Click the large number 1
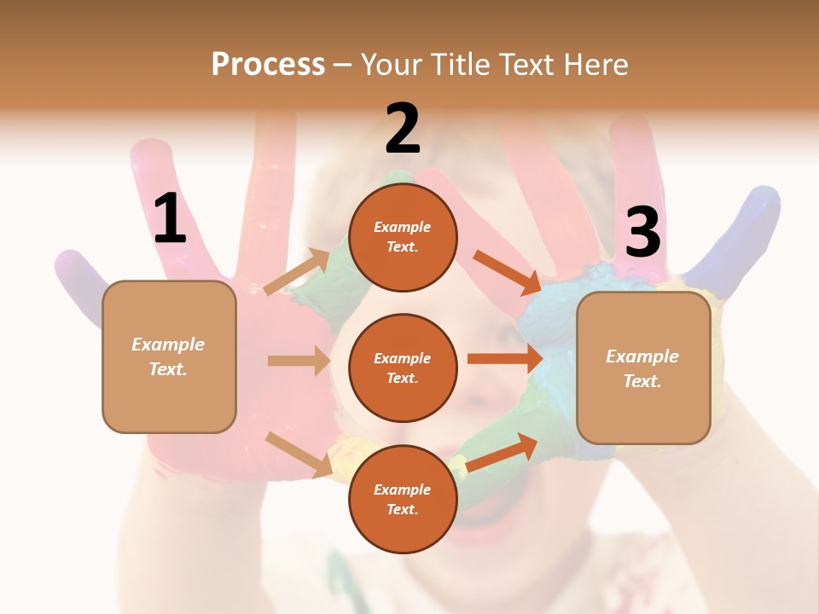coord(170,218)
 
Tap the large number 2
coord(403,129)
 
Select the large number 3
coord(642,233)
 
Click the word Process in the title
coord(268,64)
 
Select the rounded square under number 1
coord(169,356)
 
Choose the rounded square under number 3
coord(643,368)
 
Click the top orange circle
coord(403,237)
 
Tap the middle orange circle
coord(403,368)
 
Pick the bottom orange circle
coord(403,499)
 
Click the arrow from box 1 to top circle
coord(297,272)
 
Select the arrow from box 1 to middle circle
coord(299,361)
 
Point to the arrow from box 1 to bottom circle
coord(299,455)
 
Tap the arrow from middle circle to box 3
coord(505,359)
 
